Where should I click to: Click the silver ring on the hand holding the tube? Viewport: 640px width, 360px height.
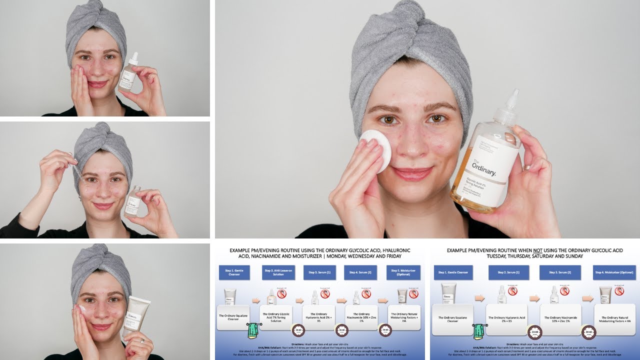(x=142, y=341)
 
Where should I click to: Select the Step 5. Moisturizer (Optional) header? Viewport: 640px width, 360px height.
(x=404, y=272)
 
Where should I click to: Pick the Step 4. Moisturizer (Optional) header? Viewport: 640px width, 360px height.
(x=615, y=272)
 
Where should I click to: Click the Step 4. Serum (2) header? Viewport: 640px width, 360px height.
(x=360, y=272)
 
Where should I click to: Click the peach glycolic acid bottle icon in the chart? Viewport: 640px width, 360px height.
(x=271, y=297)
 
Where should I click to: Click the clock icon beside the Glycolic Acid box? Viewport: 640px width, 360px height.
(x=298, y=330)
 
